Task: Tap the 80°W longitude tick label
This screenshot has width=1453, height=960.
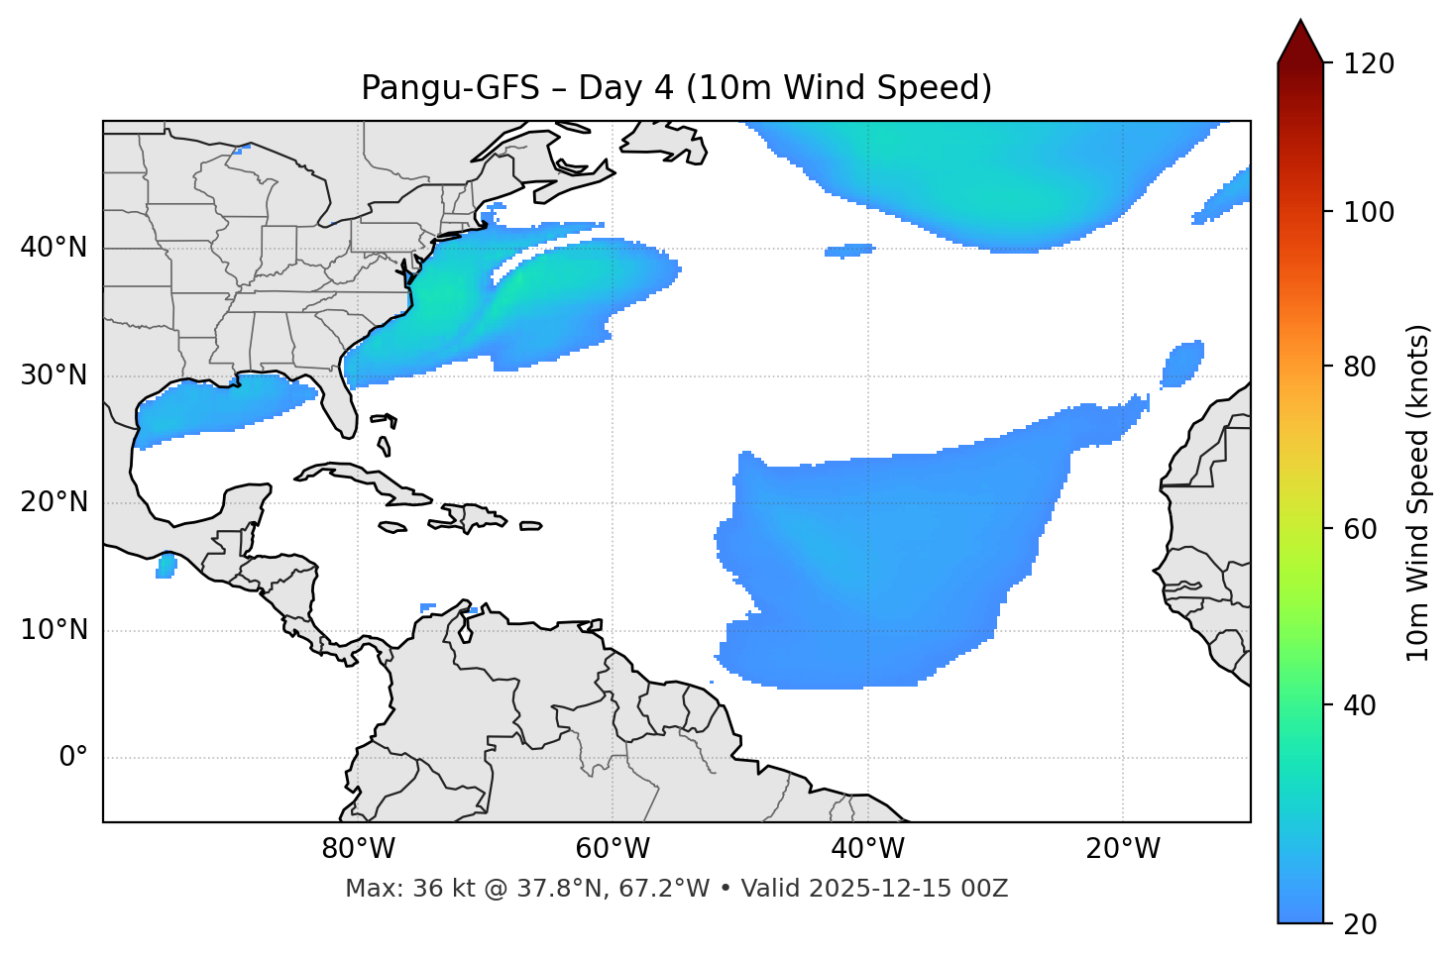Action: [358, 849]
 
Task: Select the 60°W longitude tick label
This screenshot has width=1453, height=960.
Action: [613, 849]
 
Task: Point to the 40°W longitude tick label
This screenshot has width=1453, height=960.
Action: [867, 849]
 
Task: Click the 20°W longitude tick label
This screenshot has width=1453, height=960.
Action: [1123, 849]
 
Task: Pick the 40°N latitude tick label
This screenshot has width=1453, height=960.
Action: [54, 248]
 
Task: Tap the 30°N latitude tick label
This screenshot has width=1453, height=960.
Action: [54, 375]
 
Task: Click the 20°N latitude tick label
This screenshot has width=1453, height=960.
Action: [54, 503]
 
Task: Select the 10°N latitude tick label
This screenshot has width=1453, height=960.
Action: [54, 630]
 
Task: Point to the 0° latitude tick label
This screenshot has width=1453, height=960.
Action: [73, 758]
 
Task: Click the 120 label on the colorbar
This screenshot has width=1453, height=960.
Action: [1369, 63]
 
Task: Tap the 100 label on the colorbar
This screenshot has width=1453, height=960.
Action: [1369, 212]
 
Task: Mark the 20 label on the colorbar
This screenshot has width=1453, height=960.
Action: [1360, 924]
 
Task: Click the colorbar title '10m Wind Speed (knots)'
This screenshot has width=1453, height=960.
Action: [1418, 492]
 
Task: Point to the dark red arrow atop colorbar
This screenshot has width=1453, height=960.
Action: [1300, 42]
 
